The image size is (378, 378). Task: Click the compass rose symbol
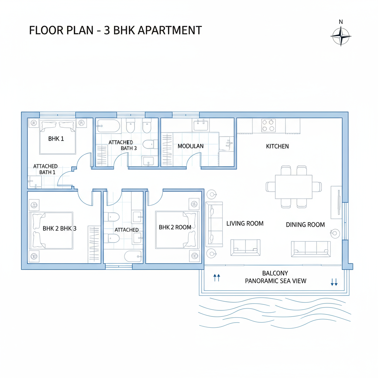point(340,36)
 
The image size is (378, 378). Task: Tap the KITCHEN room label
point(277,147)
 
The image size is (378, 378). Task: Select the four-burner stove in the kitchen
point(268,126)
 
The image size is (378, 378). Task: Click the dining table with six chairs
point(294,186)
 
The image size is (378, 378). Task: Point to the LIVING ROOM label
point(245,223)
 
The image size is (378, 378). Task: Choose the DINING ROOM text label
point(305,224)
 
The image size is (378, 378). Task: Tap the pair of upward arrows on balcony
point(217,278)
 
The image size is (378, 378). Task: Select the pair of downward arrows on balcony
point(334,282)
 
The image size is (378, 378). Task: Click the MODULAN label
point(190,146)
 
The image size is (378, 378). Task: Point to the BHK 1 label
point(56,139)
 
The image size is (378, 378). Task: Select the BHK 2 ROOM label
point(175,227)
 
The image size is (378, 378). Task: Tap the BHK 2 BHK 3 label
point(59,228)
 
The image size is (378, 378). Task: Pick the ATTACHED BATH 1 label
point(45,169)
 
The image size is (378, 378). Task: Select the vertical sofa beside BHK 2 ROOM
point(214,224)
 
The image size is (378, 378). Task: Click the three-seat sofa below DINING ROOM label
point(310,249)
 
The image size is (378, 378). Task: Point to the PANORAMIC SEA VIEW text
point(276,281)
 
